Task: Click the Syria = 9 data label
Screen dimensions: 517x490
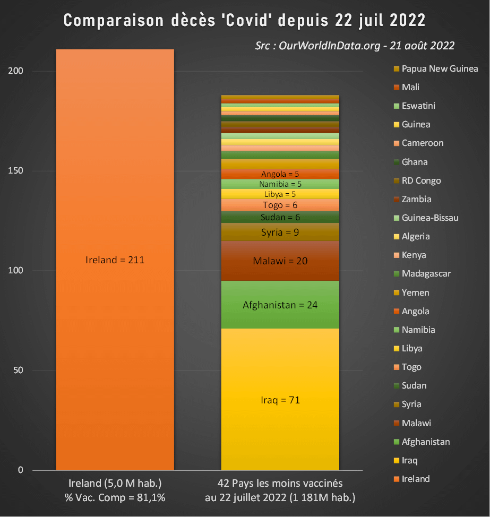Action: tap(280, 232)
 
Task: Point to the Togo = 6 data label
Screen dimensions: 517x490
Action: tap(280, 205)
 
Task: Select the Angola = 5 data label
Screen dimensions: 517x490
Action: tap(280, 174)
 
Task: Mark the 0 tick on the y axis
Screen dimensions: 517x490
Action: tap(21, 470)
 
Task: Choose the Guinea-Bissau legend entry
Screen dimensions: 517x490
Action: tap(430, 218)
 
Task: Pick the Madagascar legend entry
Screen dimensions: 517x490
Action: tap(426, 274)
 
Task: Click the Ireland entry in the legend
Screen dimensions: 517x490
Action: tap(416, 479)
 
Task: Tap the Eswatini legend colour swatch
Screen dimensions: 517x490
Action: tap(396, 106)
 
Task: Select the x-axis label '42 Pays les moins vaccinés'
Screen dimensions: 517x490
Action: tap(280, 484)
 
